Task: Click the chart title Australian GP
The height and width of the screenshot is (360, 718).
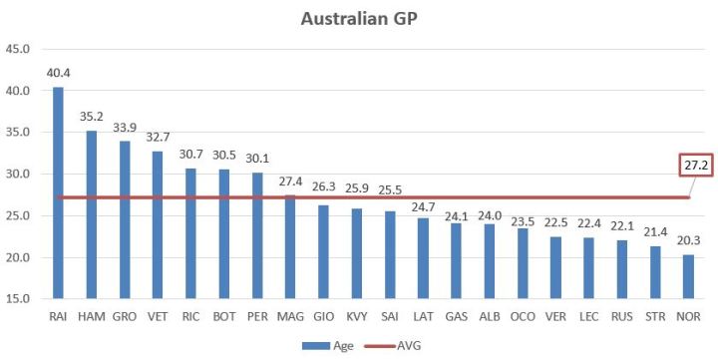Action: click(357, 19)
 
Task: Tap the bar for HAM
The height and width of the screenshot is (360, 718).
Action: click(91, 214)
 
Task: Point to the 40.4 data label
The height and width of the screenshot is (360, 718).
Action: click(58, 73)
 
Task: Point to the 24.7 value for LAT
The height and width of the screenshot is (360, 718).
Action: click(423, 204)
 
